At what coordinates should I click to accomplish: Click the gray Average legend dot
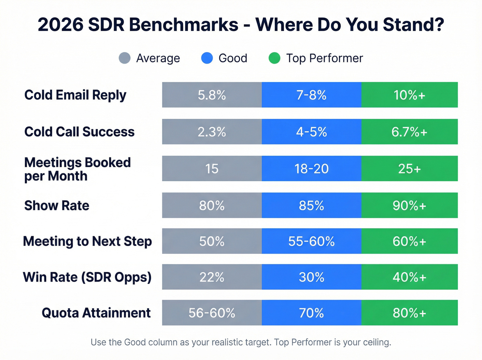pyautogui.click(x=124, y=58)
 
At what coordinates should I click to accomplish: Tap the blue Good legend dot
pyautogui.click(x=207, y=58)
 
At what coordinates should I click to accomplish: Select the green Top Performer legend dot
pyautogui.click(x=274, y=58)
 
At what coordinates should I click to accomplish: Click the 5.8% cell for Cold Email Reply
pyautogui.click(x=212, y=95)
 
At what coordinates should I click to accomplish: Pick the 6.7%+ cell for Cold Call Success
pyautogui.click(x=409, y=132)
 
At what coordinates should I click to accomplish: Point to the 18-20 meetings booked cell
pyautogui.click(x=311, y=169)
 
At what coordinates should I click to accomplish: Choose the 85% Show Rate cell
pyautogui.click(x=311, y=206)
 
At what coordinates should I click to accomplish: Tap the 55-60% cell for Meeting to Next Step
pyautogui.click(x=311, y=241)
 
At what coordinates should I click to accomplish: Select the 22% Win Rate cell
pyautogui.click(x=212, y=277)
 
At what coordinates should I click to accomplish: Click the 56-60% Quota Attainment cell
pyautogui.click(x=212, y=313)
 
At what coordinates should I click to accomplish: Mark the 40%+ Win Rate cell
pyautogui.click(x=409, y=277)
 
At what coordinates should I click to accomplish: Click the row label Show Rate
pyautogui.click(x=57, y=206)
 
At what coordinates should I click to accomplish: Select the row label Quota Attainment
pyautogui.click(x=96, y=313)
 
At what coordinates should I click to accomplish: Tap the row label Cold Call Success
pyautogui.click(x=79, y=132)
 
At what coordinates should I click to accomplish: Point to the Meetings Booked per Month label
pyautogui.click(x=77, y=169)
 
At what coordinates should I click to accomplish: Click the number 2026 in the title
pyautogui.click(x=61, y=25)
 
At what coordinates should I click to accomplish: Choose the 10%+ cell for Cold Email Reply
pyautogui.click(x=409, y=95)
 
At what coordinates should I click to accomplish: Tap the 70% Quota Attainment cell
pyautogui.click(x=311, y=313)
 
